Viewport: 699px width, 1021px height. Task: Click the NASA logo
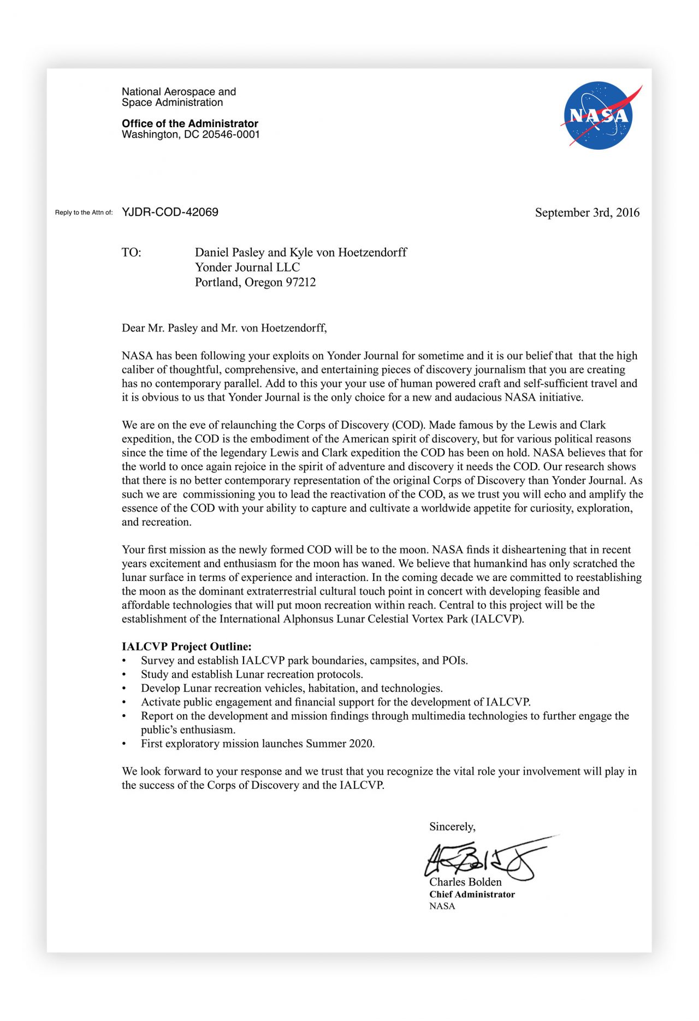[x=599, y=115]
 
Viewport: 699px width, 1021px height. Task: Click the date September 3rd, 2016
[x=587, y=212]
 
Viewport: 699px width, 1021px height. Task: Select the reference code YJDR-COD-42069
[x=170, y=212]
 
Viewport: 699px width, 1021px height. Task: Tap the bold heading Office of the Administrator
[x=190, y=123]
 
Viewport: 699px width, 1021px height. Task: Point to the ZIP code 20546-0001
[x=231, y=134]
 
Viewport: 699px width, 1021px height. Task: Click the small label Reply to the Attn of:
[x=84, y=212]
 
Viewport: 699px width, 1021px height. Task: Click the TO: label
[x=131, y=252]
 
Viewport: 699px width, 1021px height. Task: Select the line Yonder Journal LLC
[x=247, y=267]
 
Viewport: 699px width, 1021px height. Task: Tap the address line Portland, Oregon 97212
[x=255, y=282]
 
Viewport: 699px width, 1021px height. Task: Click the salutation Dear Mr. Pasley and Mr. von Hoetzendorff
[x=224, y=328]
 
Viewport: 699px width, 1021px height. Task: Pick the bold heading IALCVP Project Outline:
[x=186, y=646]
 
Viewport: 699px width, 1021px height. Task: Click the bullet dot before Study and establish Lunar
[x=125, y=675]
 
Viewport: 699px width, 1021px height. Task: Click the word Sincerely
[x=452, y=827]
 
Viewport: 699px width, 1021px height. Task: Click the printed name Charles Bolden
[x=465, y=882]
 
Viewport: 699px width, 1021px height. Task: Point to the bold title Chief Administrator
[x=472, y=894]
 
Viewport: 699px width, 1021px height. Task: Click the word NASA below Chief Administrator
[x=442, y=906]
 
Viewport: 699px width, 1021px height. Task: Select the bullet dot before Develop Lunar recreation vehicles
[x=125, y=688]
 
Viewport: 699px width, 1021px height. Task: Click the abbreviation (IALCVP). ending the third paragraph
[x=497, y=619]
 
